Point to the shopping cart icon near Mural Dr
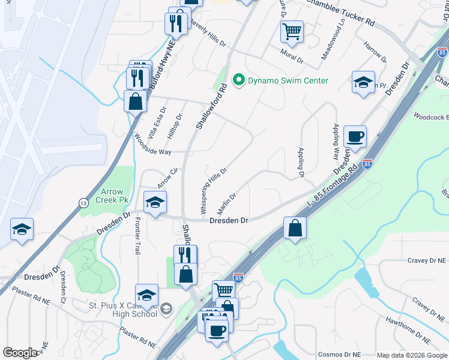point(292,31)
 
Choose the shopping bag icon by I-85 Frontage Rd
point(295,228)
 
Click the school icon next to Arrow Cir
point(155,202)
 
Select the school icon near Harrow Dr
point(363,82)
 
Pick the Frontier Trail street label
point(137,235)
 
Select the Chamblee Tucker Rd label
point(340,13)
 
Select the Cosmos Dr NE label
point(340,355)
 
